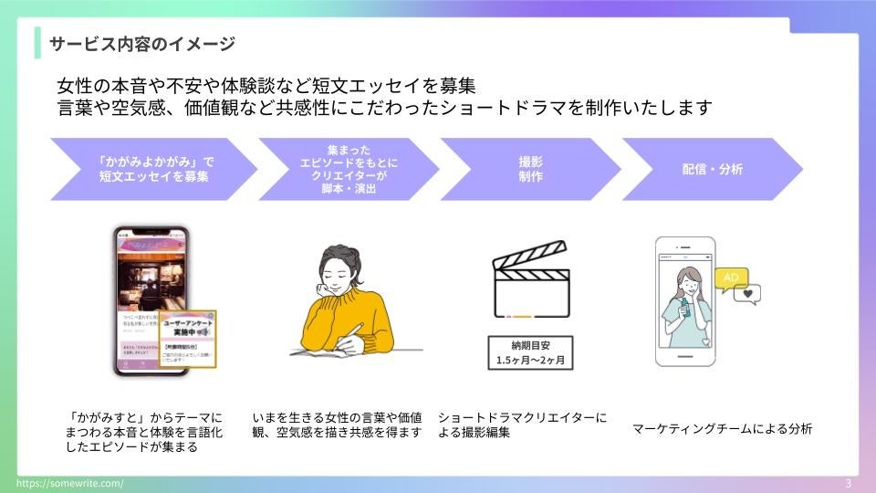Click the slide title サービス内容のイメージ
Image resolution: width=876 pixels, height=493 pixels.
click(x=141, y=43)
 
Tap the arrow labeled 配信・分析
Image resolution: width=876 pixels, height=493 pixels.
click(x=712, y=170)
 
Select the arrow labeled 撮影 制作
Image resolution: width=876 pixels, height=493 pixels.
click(x=530, y=170)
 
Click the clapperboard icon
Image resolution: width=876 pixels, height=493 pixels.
click(x=531, y=279)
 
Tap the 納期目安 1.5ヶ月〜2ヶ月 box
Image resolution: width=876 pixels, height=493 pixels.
click(x=530, y=352)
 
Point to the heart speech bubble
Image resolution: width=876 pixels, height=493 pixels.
click(x=749, y=295)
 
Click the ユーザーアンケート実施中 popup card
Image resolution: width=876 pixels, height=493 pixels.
click(x=190, y=340)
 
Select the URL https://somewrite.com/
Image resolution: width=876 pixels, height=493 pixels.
click(x=70, y=483)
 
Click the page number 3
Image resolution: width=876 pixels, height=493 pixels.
click(x=849, y=483)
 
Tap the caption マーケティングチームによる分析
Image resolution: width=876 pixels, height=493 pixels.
click(x=722, y=428)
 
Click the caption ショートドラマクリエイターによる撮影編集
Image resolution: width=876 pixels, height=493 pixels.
click(x=522, y=425)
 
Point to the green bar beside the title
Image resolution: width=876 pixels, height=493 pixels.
click(x=37, y=43)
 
